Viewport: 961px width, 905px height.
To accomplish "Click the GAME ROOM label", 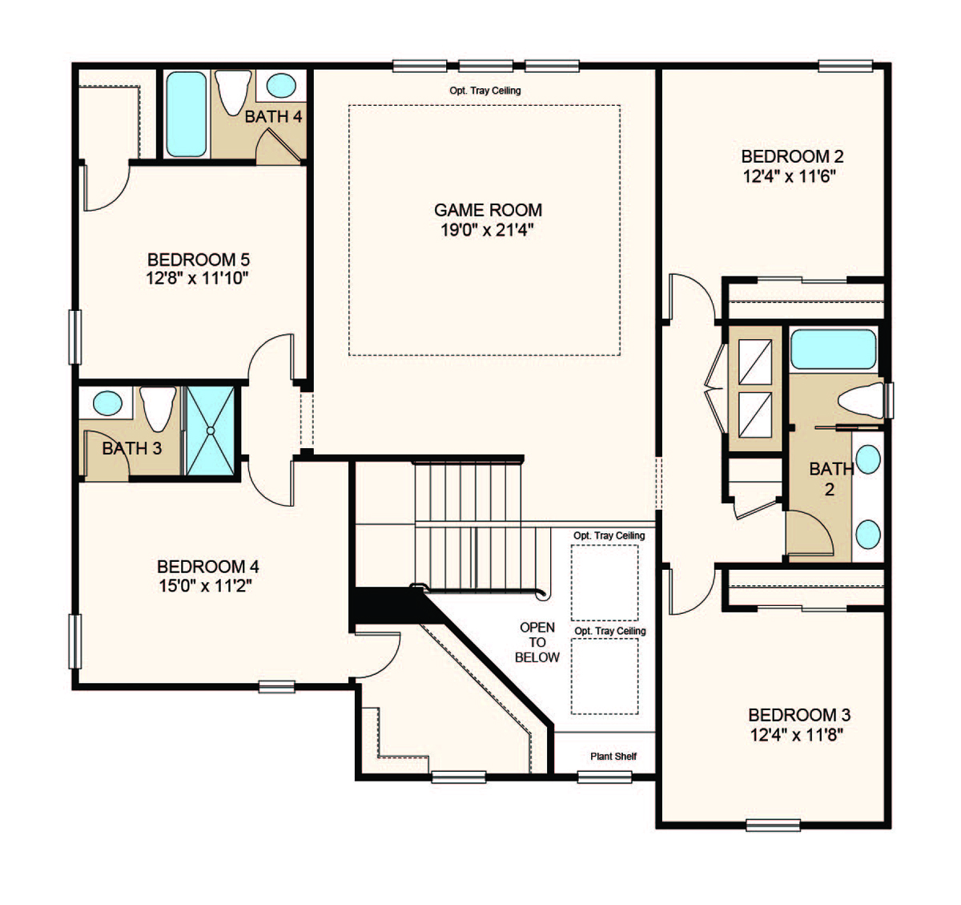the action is pyautogui.click(x=488, y=210).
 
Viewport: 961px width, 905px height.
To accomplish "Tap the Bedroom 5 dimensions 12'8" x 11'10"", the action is pyautogui.click(x=198, y=279).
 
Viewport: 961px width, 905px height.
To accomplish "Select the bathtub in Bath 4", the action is pyautogui.click(x=187, y=115).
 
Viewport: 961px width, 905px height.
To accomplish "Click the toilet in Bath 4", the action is pyautogui.click(x=233, y=92).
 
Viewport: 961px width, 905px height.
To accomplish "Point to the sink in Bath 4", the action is pyautogui.click(x=281, y=85).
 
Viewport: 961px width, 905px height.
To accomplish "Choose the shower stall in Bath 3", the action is pyautogui.click(x=211, y=430).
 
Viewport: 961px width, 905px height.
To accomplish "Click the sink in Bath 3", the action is pyautogui.click(x=107, y=403).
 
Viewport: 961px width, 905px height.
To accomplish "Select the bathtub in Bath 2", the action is pyautogui.click(x=833, y=349).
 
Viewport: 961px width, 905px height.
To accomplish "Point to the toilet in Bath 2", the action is pyautogui.click(x=861, y=400).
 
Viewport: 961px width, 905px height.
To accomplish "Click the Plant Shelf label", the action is pyautogui.click(x=613, y=756).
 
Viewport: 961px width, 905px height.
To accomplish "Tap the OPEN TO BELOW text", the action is pyautogui.click(x=537, y=642).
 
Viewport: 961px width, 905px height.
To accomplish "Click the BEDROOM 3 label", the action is pyautogui.click(x=799, y=715).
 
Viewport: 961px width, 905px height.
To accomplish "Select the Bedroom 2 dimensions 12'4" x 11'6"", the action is pyautogui.click(x=790, y=176).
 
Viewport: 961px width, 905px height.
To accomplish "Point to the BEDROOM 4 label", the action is pyautogui.click(x=208, y=567).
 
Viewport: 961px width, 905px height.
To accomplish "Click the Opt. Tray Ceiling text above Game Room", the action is pyautogui.click(x=485, y=91).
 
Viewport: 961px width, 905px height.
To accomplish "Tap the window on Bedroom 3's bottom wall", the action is pyautogui.click(x=773, y=825).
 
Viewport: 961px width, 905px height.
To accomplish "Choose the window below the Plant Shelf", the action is pyautogui.click(x=605, y=777).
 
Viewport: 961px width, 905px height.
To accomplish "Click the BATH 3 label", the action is pyautogui.click(x=132, y=449).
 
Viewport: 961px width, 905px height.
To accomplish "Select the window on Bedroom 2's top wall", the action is pyautogui.click(x=846, y=66).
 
